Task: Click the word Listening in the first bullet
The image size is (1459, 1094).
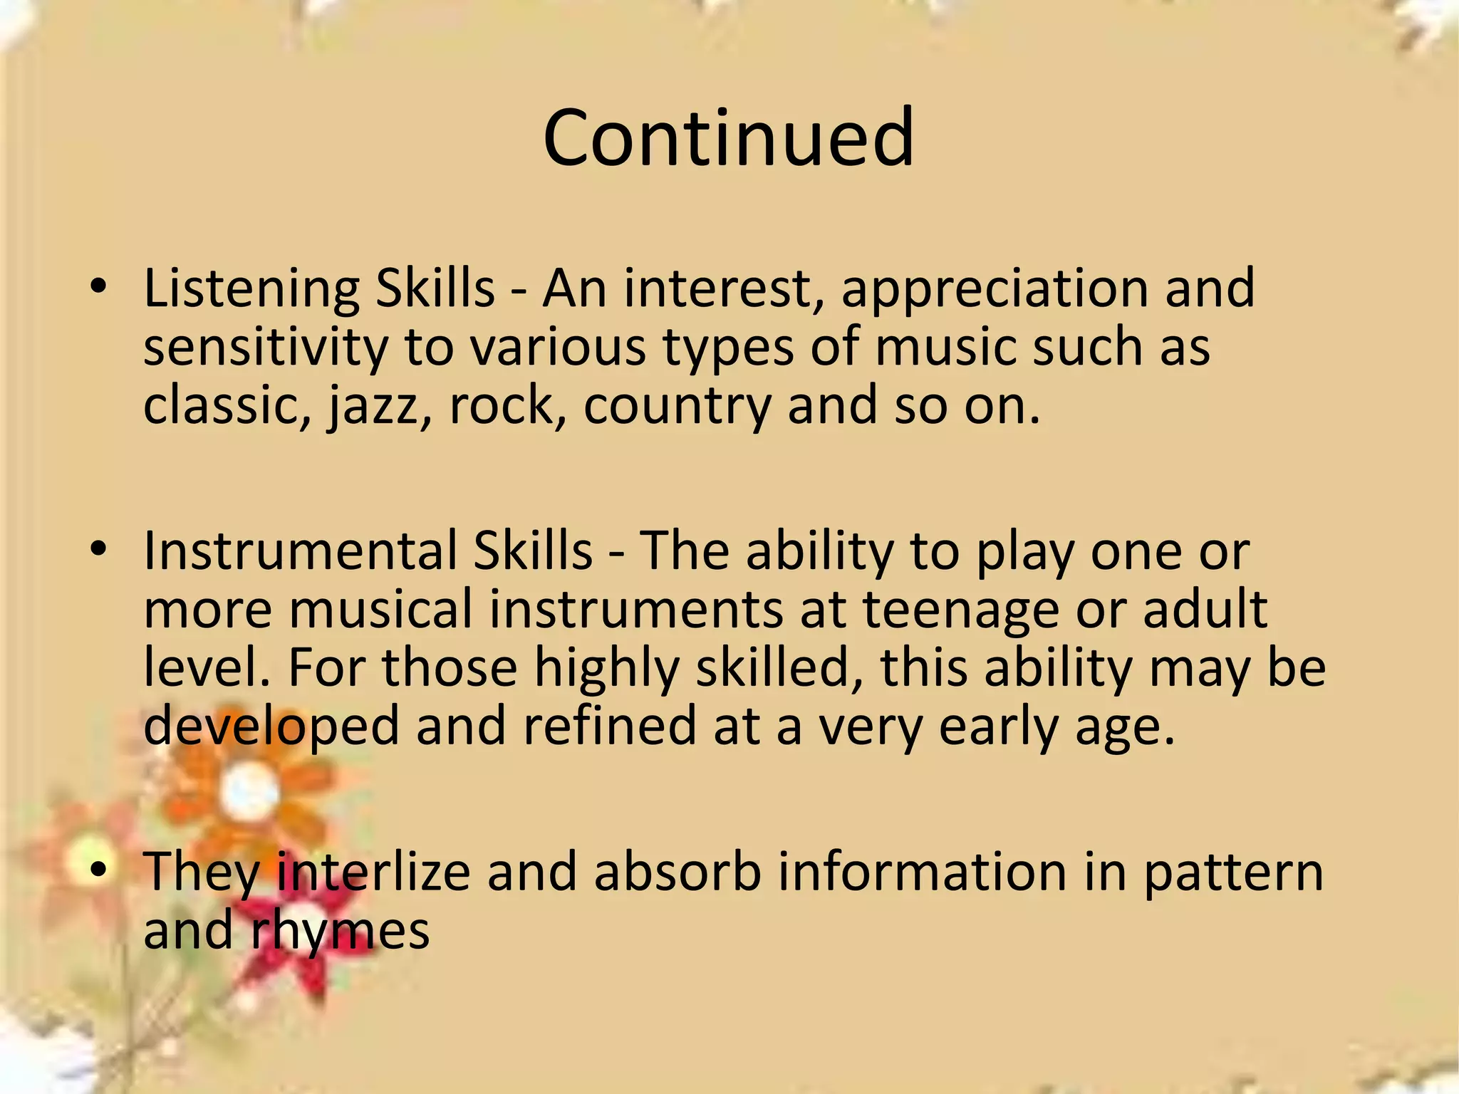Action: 251,289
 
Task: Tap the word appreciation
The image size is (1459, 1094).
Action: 995,289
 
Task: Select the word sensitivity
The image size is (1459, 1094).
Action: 266,348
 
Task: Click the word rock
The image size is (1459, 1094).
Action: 502,406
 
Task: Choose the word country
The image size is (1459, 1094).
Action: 677,406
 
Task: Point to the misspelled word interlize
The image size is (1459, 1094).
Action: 373,872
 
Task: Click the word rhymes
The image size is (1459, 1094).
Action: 340,931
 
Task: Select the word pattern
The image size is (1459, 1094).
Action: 1233,872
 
